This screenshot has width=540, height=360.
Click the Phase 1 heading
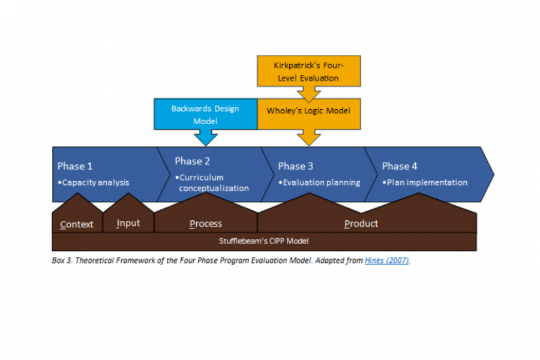(x=75, y=166)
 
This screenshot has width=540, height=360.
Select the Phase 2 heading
(x=192, y=161)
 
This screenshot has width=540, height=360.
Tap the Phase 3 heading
(x=296, y=166)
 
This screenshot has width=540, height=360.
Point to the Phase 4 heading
(x=400, y=166)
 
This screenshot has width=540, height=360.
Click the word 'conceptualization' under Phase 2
(x=214, y=188)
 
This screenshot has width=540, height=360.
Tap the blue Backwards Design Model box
(x=205, y=114)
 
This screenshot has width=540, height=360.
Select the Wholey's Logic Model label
(x=308, y=110)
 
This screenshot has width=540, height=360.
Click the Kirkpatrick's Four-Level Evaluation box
(x=308, y=71)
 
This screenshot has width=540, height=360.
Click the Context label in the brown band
(x=77, y=224)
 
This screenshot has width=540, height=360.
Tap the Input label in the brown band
(x=128, y=223)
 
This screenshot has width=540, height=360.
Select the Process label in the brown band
(x=206, y=224)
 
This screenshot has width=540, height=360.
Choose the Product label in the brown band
(x=361, y=224)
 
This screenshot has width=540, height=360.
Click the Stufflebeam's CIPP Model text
(x=264, y=241)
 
